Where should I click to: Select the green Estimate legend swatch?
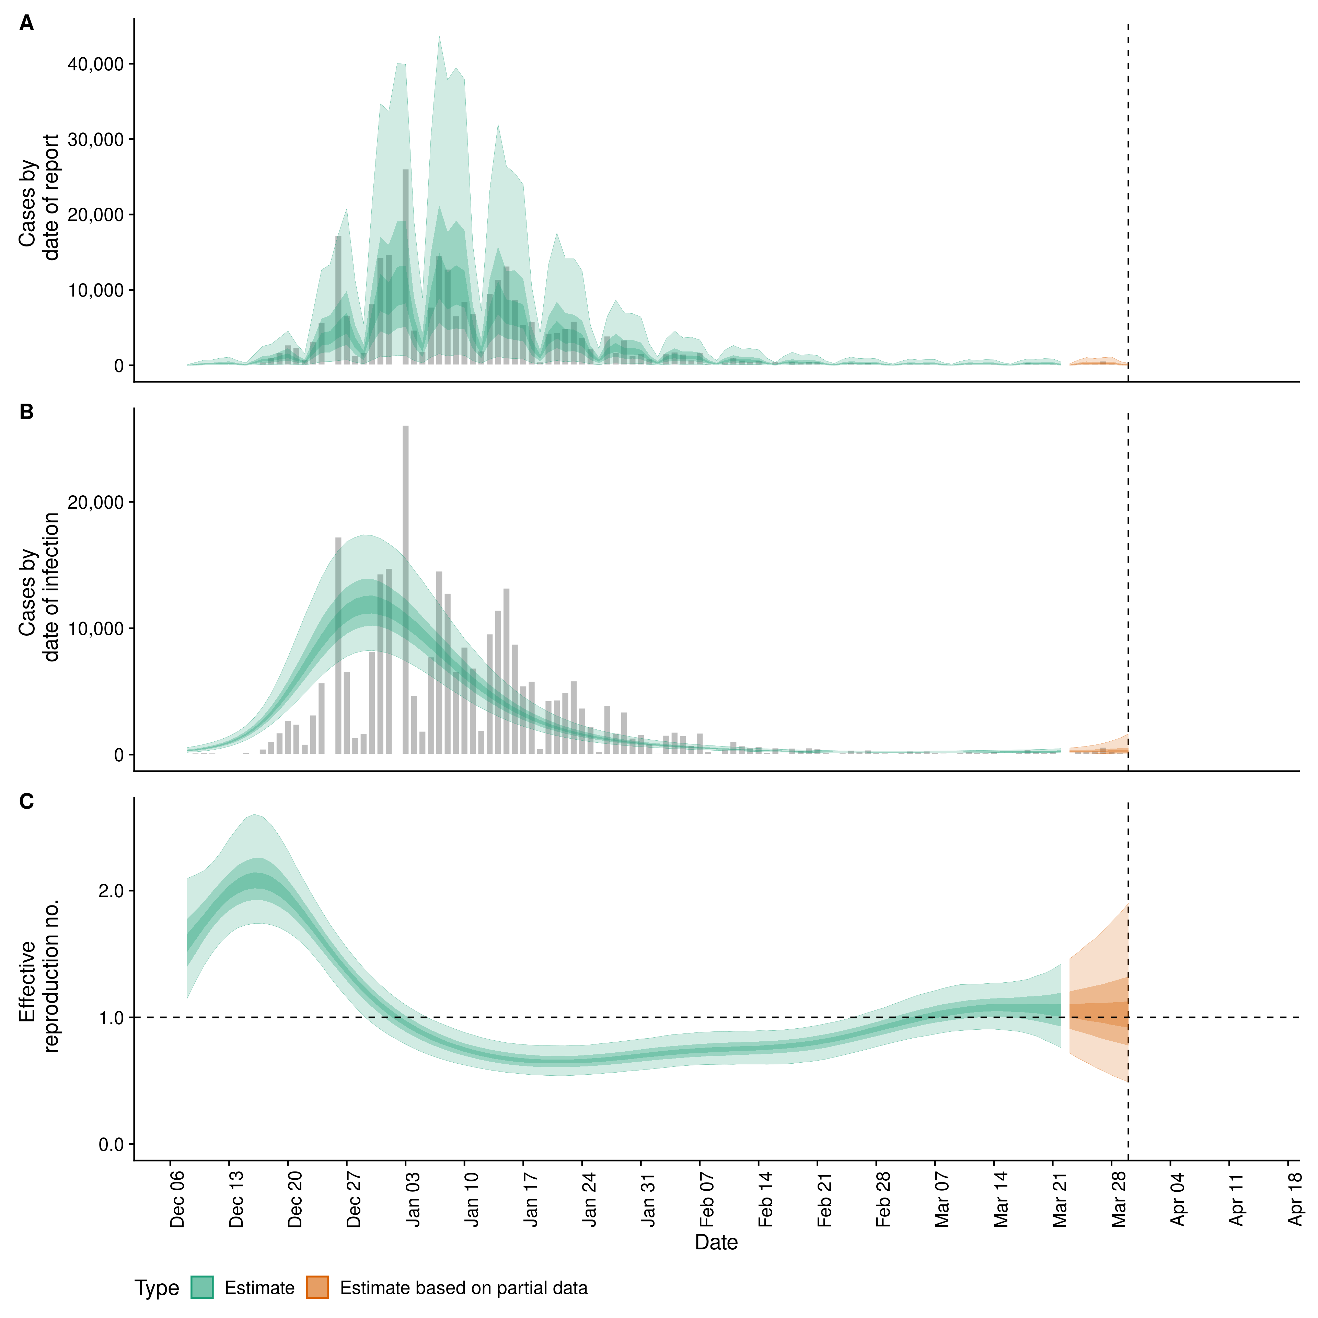pyautogui.click(x=202, y=1287)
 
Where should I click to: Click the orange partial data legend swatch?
pyautogui.click(x=317, y=1287)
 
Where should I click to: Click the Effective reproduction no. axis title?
pyautogui.click(x=39, y=977)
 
